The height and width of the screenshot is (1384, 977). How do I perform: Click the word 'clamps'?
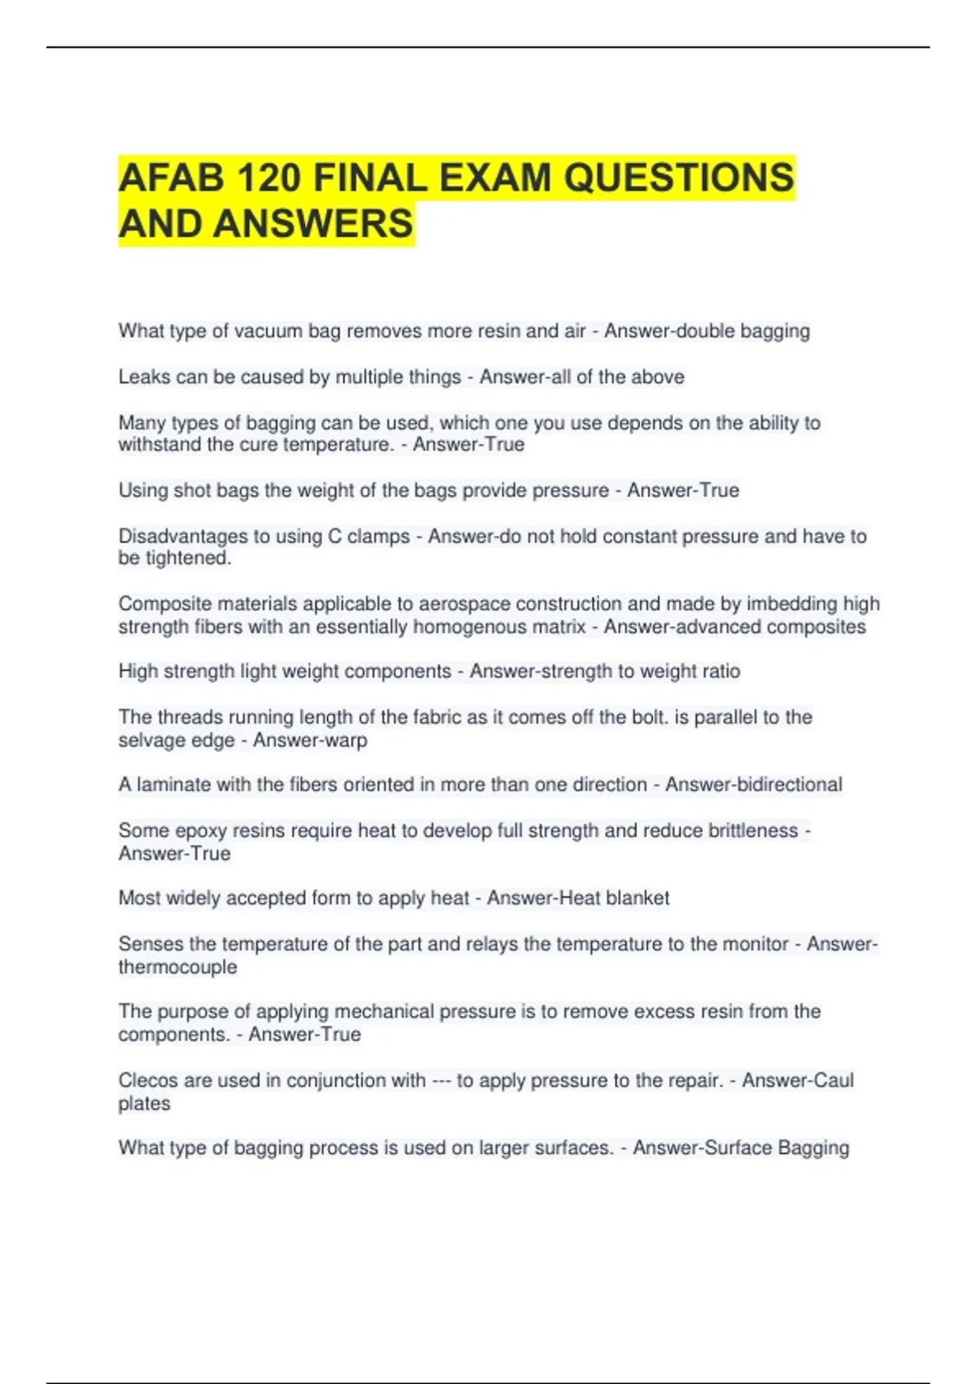[x=379, y=537]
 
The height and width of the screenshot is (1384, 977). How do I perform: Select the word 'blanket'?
[x=637, y=898]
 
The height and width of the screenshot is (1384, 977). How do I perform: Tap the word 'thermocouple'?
[x=177, y=967]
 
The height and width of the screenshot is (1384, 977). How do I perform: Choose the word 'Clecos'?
[x=147, y=1080]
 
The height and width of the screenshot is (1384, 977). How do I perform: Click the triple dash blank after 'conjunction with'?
[x=441, y=1080]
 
